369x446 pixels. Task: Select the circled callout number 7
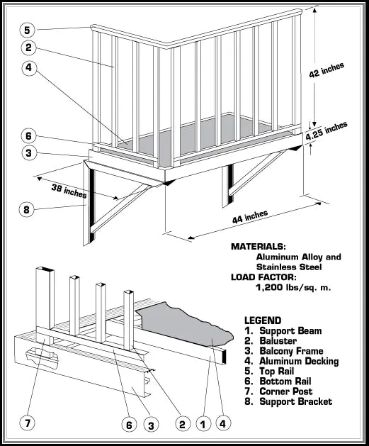click(x=28, y=424)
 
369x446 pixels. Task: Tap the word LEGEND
click(x=263, y=320)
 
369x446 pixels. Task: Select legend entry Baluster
click(x=276, y=341)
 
